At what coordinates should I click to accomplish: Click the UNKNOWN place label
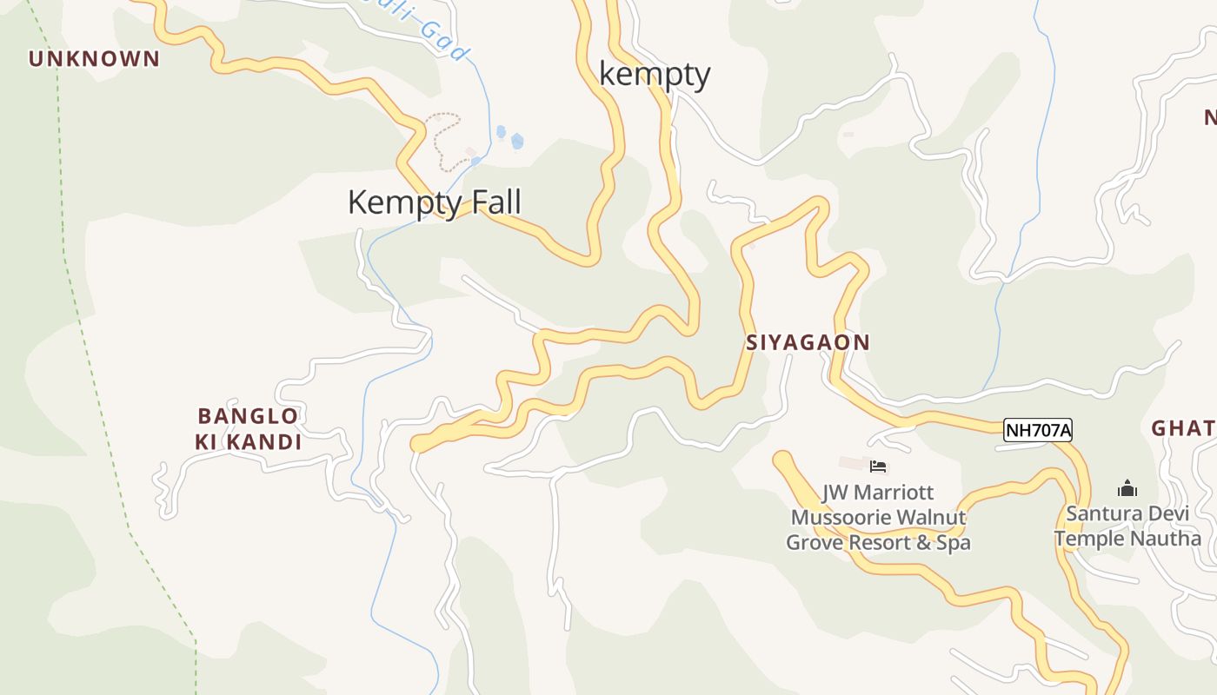point(94,59)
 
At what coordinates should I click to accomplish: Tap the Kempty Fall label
point(434,202)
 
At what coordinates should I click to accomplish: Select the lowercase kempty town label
point(655,75)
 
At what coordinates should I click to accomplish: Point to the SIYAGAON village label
point(808,342)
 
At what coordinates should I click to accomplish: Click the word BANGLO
point(248,416)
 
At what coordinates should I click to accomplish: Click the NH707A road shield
point(1037,430)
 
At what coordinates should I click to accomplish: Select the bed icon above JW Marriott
point(878,467)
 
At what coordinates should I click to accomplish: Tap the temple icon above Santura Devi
point(1127,488)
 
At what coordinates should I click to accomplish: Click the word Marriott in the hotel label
point(893,493)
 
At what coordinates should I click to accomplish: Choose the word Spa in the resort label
point(954,543)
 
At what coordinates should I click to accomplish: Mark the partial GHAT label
point(1182,428)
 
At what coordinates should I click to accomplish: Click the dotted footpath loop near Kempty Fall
point(443,139)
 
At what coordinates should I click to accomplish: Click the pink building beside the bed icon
point(852,463)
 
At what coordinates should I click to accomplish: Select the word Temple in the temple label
point(1088,539)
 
